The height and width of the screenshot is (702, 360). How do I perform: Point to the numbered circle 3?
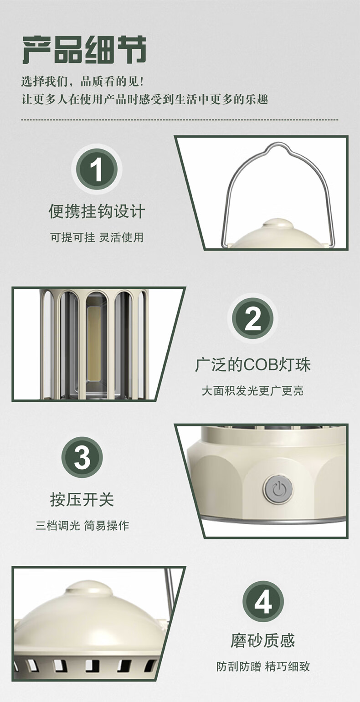pos(82,457)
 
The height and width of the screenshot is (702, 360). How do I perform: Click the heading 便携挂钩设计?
pos(97,211)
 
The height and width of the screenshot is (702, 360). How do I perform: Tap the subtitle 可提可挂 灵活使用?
pos(97,237)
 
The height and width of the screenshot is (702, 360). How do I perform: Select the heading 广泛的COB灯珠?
pos(252,365)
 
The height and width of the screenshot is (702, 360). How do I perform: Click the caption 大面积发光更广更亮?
pos(252,391)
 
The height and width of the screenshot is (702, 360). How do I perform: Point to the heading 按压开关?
pos(82,500)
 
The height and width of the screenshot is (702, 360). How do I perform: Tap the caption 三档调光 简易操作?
pos(82,526)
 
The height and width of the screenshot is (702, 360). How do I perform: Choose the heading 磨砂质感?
pos(263,641)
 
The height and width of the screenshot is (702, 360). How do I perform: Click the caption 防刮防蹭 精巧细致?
pos(263,666)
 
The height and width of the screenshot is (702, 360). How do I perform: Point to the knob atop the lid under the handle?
pos(278,224)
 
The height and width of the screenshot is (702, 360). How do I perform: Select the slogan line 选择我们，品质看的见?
pos(82,82)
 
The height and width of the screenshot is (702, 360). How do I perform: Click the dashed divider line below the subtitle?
pos(180,120)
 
